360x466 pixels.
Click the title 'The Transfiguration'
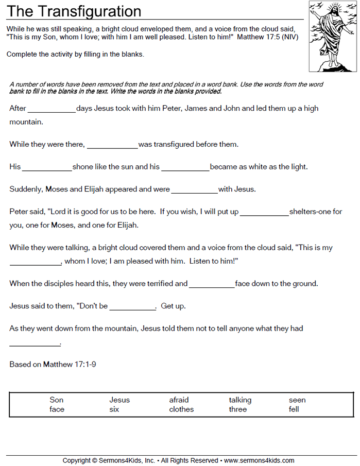click(74, 11)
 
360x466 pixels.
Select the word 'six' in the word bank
click(114, 409)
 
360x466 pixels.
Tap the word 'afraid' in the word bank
click(179, 400)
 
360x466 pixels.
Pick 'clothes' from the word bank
click(181, 409)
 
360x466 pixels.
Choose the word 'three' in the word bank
click(238, 409)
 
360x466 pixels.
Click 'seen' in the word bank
click(297, 400)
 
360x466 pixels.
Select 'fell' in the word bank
click(294, 409)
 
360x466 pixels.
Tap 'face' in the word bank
click(57, 409)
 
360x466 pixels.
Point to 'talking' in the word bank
click(240, 400)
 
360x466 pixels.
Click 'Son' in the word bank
click(57, 400)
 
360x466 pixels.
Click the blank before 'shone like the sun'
click(47, 168)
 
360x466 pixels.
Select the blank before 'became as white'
click(185, 168)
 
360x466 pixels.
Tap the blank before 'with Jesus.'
click(194, 191)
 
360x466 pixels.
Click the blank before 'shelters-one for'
click(264, 213)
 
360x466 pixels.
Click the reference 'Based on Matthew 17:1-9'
click(53, 364)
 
